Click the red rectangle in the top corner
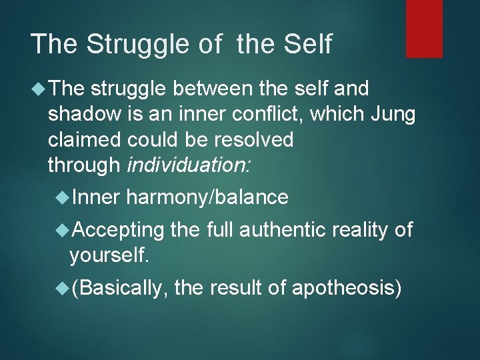coord(424,28)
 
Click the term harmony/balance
coord(207,197)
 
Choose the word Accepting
coord(118,230)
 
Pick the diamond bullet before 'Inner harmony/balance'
coord(63,197)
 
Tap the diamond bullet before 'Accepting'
coord(63,230)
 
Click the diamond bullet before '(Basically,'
coord(63,287)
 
